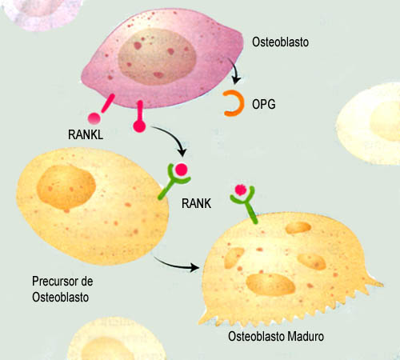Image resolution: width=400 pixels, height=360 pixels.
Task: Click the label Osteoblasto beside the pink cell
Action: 280,42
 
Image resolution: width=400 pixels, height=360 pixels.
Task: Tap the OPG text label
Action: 264,104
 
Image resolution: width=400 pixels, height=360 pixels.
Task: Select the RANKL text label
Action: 86,134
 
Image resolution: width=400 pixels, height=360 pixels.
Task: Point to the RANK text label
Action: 196,203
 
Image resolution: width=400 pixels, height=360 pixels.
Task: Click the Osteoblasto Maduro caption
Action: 276,336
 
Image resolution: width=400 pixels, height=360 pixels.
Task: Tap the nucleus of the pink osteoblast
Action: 157,57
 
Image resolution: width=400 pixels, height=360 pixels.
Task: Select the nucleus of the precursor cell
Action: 66,187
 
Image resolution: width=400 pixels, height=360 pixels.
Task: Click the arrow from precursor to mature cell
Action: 177,265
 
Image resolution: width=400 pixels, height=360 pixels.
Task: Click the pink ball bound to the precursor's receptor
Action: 182,170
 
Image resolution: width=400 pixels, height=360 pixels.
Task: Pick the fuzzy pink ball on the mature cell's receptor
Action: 241,190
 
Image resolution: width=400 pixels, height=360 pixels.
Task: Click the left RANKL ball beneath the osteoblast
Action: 94,118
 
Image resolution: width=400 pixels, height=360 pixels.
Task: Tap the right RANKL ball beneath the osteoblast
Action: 139,126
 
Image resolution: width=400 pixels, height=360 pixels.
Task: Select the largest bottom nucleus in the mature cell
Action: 270,285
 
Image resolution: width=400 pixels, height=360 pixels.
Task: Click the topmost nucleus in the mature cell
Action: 298,227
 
